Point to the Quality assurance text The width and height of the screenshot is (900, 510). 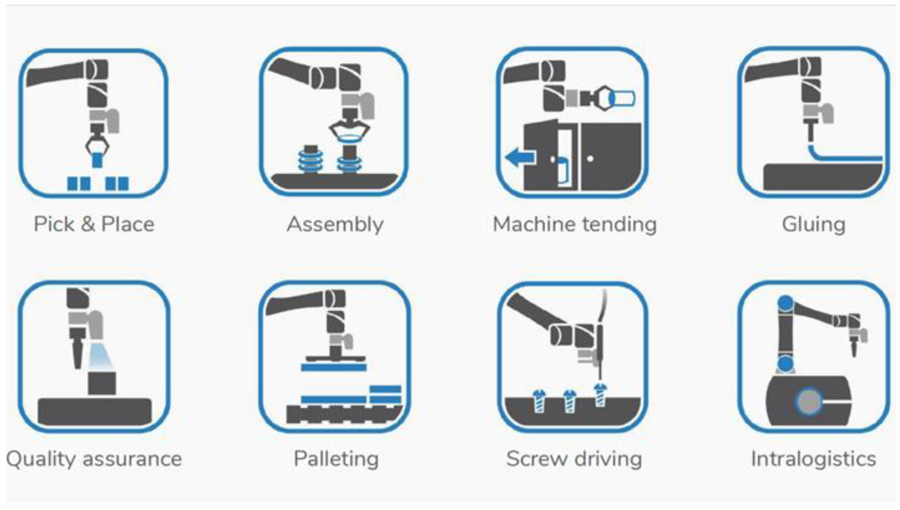94,459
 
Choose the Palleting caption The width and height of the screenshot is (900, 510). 336,459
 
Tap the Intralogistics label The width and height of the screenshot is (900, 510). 813,459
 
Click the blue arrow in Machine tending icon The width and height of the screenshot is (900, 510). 520,157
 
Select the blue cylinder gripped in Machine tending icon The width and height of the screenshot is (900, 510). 623,98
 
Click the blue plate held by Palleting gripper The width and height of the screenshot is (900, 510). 333,367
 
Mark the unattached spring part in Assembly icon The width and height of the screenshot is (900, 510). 310,159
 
